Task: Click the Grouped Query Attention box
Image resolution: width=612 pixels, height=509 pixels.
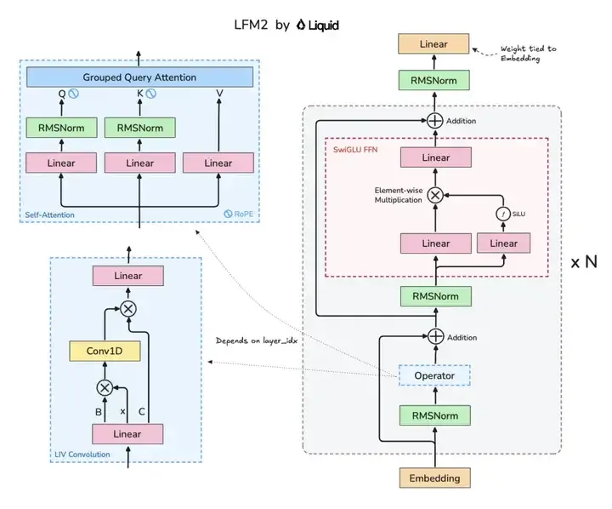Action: [x=139, y=77]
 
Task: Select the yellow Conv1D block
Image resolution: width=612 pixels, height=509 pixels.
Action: [x=105, y=351]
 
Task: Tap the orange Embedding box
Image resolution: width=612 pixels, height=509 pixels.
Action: [x=434, y=478]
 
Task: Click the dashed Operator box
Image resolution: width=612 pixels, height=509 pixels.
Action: [x=434, y=375]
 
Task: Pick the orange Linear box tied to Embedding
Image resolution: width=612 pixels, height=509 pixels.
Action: [x=433, y=43]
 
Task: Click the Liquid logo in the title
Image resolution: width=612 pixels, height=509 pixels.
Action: [x=317, y=25]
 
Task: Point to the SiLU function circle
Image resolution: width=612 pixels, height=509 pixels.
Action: [x=503, y=214]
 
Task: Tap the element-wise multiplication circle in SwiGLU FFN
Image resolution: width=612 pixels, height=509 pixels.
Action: [x=435, y=195]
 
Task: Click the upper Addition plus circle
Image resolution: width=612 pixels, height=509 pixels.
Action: [x=434, y=121]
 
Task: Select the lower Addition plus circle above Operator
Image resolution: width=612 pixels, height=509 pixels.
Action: [x=435, y=336]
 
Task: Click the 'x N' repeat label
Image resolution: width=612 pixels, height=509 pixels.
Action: [x=584, y=261]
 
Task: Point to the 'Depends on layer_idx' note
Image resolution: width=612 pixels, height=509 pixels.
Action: [x=257, y=340]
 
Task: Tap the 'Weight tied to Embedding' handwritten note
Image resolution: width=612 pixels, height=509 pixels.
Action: [x=529, y=54]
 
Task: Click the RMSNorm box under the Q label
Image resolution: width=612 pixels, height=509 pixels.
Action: [x=61, y=128]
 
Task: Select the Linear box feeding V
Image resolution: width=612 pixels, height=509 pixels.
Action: [x=218, y=163]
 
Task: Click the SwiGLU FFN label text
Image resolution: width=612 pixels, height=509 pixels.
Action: [x=355, y=149]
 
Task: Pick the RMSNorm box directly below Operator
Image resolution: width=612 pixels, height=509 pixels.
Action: [x=435, y=415]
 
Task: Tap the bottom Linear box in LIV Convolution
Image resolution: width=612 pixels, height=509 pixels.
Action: [x=127, y=433]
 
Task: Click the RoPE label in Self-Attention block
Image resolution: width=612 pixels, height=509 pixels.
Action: [x=239, y=214]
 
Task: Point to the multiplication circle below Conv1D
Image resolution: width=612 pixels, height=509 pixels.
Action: [x=105, y=388]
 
